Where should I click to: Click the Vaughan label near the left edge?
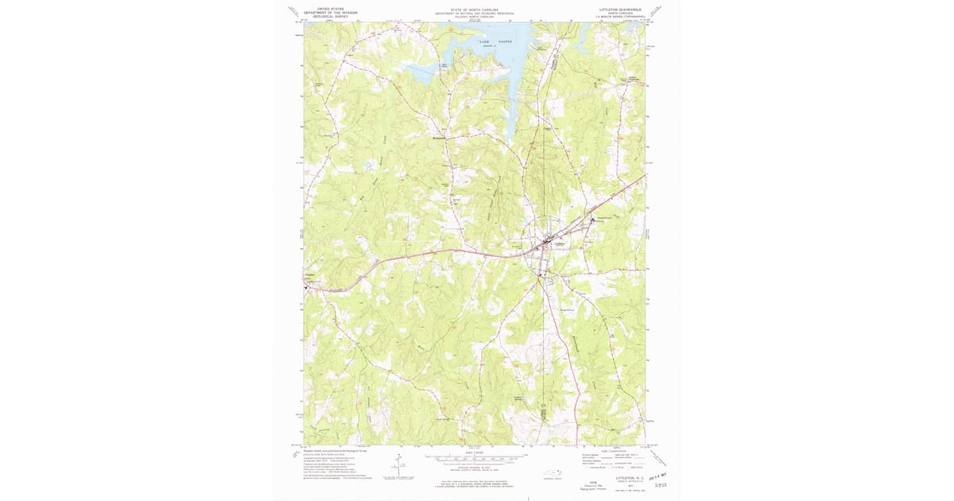pos(311,277)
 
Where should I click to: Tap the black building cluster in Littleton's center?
pos(548,242)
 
